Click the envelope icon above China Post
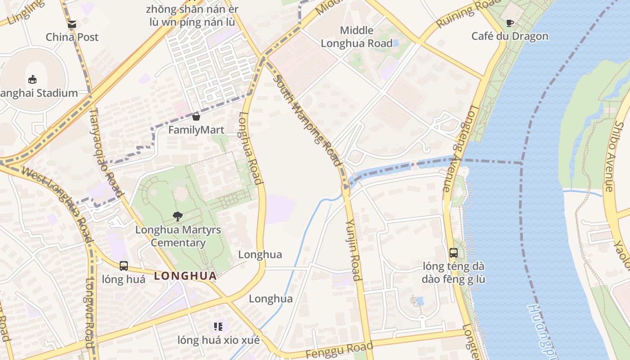pos(72,24)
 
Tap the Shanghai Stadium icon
pos(32,80)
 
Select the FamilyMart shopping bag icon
pos(196,117)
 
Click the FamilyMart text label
pos(196,130)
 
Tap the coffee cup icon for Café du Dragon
pos(510,23)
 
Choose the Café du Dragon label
pos(510,36)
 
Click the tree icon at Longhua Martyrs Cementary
pos(178,216)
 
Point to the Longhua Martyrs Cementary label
pos(178,236)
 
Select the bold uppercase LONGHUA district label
pos(185,276)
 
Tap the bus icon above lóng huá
pos(124,266)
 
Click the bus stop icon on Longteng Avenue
pos(454,252)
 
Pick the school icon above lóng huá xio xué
pos(218,326)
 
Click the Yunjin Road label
pos(354,250)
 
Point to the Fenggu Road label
pos(339,350)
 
